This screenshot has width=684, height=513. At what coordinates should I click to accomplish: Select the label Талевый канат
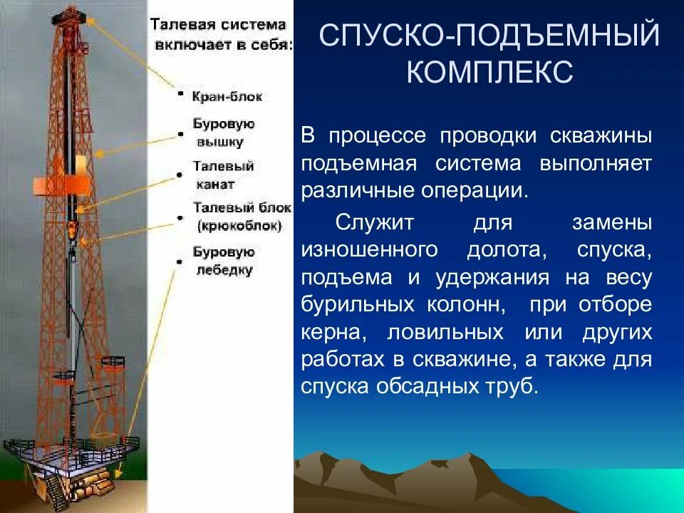223,175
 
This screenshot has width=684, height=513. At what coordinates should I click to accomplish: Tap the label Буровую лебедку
223,261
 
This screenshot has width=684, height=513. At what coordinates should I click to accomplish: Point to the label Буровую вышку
223,133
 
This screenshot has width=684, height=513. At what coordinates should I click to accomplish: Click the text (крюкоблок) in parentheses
239,226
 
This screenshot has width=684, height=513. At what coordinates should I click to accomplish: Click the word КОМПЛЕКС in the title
489,73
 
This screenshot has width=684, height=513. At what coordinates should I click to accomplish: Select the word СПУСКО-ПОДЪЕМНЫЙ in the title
489,36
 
